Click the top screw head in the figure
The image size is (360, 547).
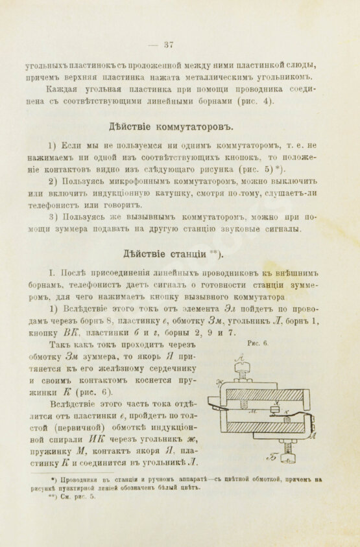coord(241,369)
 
